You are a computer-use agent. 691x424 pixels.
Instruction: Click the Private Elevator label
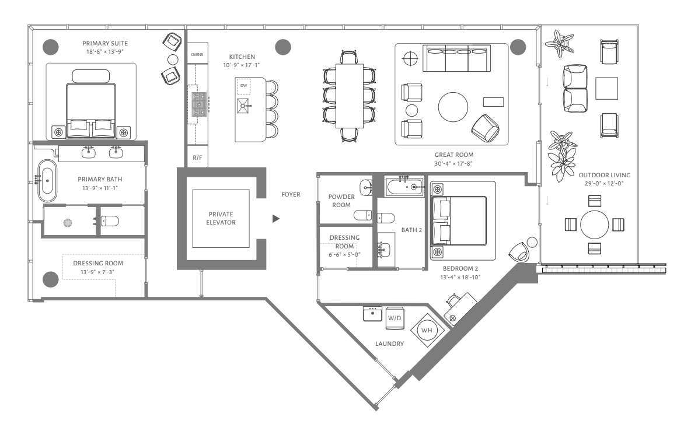pos(221,218)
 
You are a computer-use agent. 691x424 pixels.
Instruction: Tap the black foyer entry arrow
pos(276,218)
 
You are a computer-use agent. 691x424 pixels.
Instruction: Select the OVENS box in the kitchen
pos(197,55)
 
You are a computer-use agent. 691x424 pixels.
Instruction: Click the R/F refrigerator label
pos(197,157)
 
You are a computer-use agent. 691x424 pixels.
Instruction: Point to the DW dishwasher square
pos(244,86)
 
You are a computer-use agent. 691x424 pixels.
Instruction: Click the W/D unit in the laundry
pos(395,318)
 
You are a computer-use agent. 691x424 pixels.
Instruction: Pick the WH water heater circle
pos(427,330)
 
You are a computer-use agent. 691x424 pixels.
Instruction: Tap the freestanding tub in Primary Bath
pos(47,181)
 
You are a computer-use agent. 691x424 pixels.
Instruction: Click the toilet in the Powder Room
pos(363,215)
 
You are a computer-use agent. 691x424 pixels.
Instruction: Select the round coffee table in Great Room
pos(453,107)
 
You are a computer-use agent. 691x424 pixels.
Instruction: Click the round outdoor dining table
pos(595,225)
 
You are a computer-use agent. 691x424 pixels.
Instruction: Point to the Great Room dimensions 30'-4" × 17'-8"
pos(453,163)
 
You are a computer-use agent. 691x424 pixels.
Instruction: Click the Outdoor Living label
pos(605,175)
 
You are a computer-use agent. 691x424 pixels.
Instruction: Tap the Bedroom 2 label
pos(460,269)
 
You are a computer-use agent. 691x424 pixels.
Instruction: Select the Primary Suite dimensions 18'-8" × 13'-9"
pos(105,51)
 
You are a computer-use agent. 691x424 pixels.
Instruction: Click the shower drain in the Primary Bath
pos(68,223)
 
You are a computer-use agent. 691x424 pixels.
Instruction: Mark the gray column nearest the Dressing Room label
pos(50,279)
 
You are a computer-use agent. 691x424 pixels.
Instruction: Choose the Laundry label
pos(390,344)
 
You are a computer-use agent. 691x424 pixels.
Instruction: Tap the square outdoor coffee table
pos(607,89)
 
